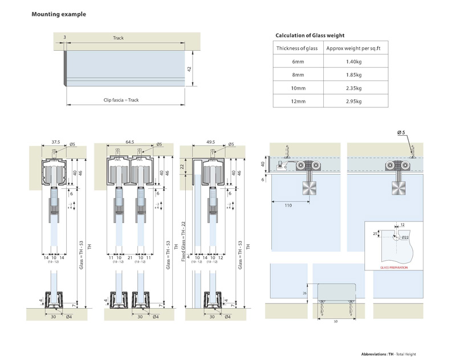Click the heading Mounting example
click(59, 14)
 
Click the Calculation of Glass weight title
click(310, 35)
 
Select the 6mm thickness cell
click(298, 61)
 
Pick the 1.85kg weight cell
click(353, 75)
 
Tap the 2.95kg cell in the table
click(353, 102)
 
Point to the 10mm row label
click(298, 88)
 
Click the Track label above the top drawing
click(118, 38)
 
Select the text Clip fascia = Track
click(121, 100)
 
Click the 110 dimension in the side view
click(288, 205)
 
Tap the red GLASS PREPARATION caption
click(394, 267)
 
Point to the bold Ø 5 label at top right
click(401, 133)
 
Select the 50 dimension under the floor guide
click(335, 321)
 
